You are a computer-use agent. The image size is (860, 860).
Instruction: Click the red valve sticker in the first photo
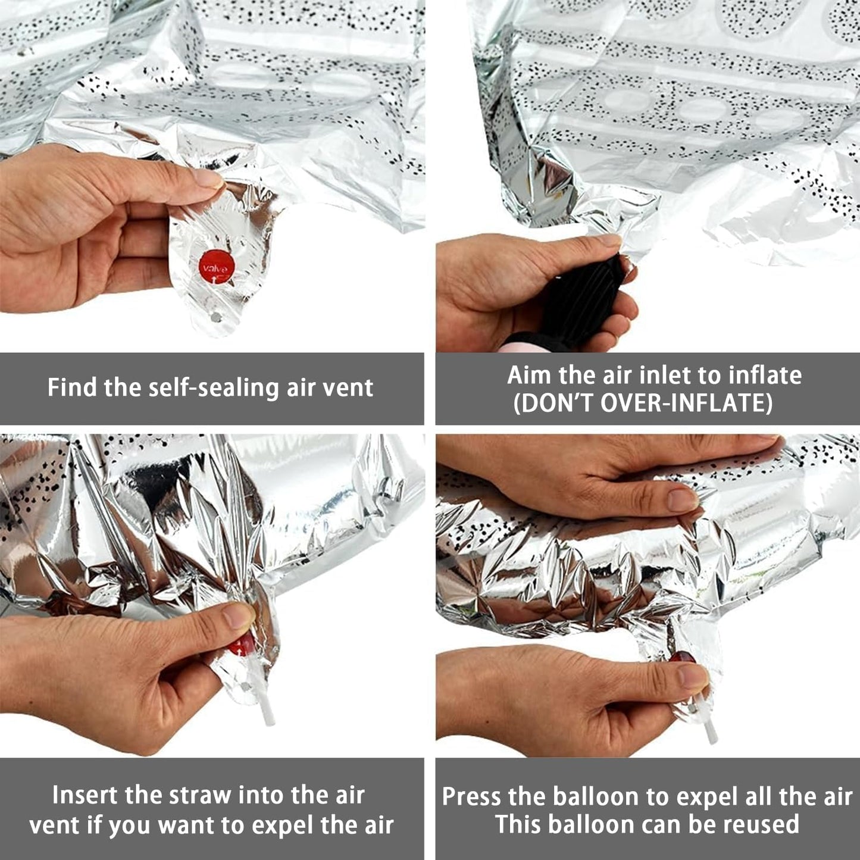[217, 266]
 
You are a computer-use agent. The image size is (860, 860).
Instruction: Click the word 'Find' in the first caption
[72, 387]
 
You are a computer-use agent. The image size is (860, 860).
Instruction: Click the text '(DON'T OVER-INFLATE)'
[643, 403]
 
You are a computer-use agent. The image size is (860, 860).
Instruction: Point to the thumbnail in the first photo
[207, 178]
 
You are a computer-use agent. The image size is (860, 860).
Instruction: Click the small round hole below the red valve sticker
[217, 317]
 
